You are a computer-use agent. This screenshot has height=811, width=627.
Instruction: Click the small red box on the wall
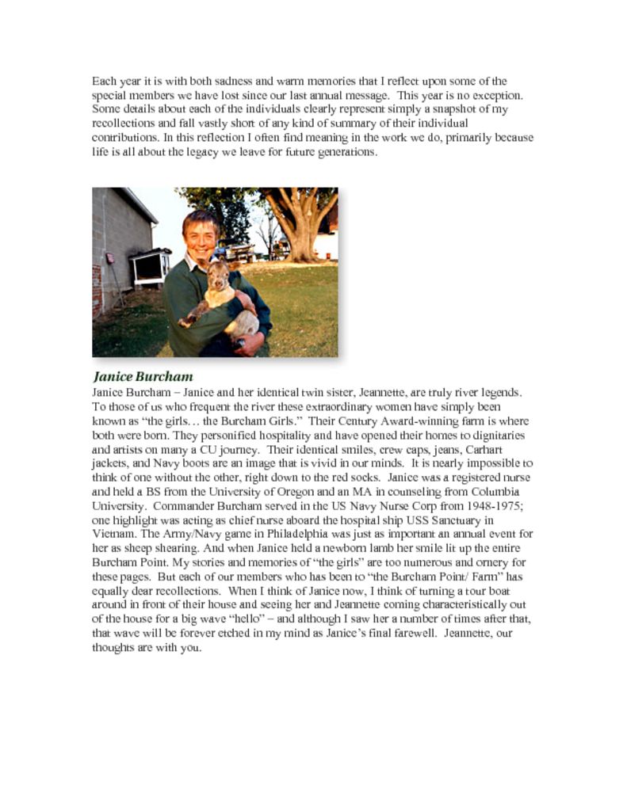110,259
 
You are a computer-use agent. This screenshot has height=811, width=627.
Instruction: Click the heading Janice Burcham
143,376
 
